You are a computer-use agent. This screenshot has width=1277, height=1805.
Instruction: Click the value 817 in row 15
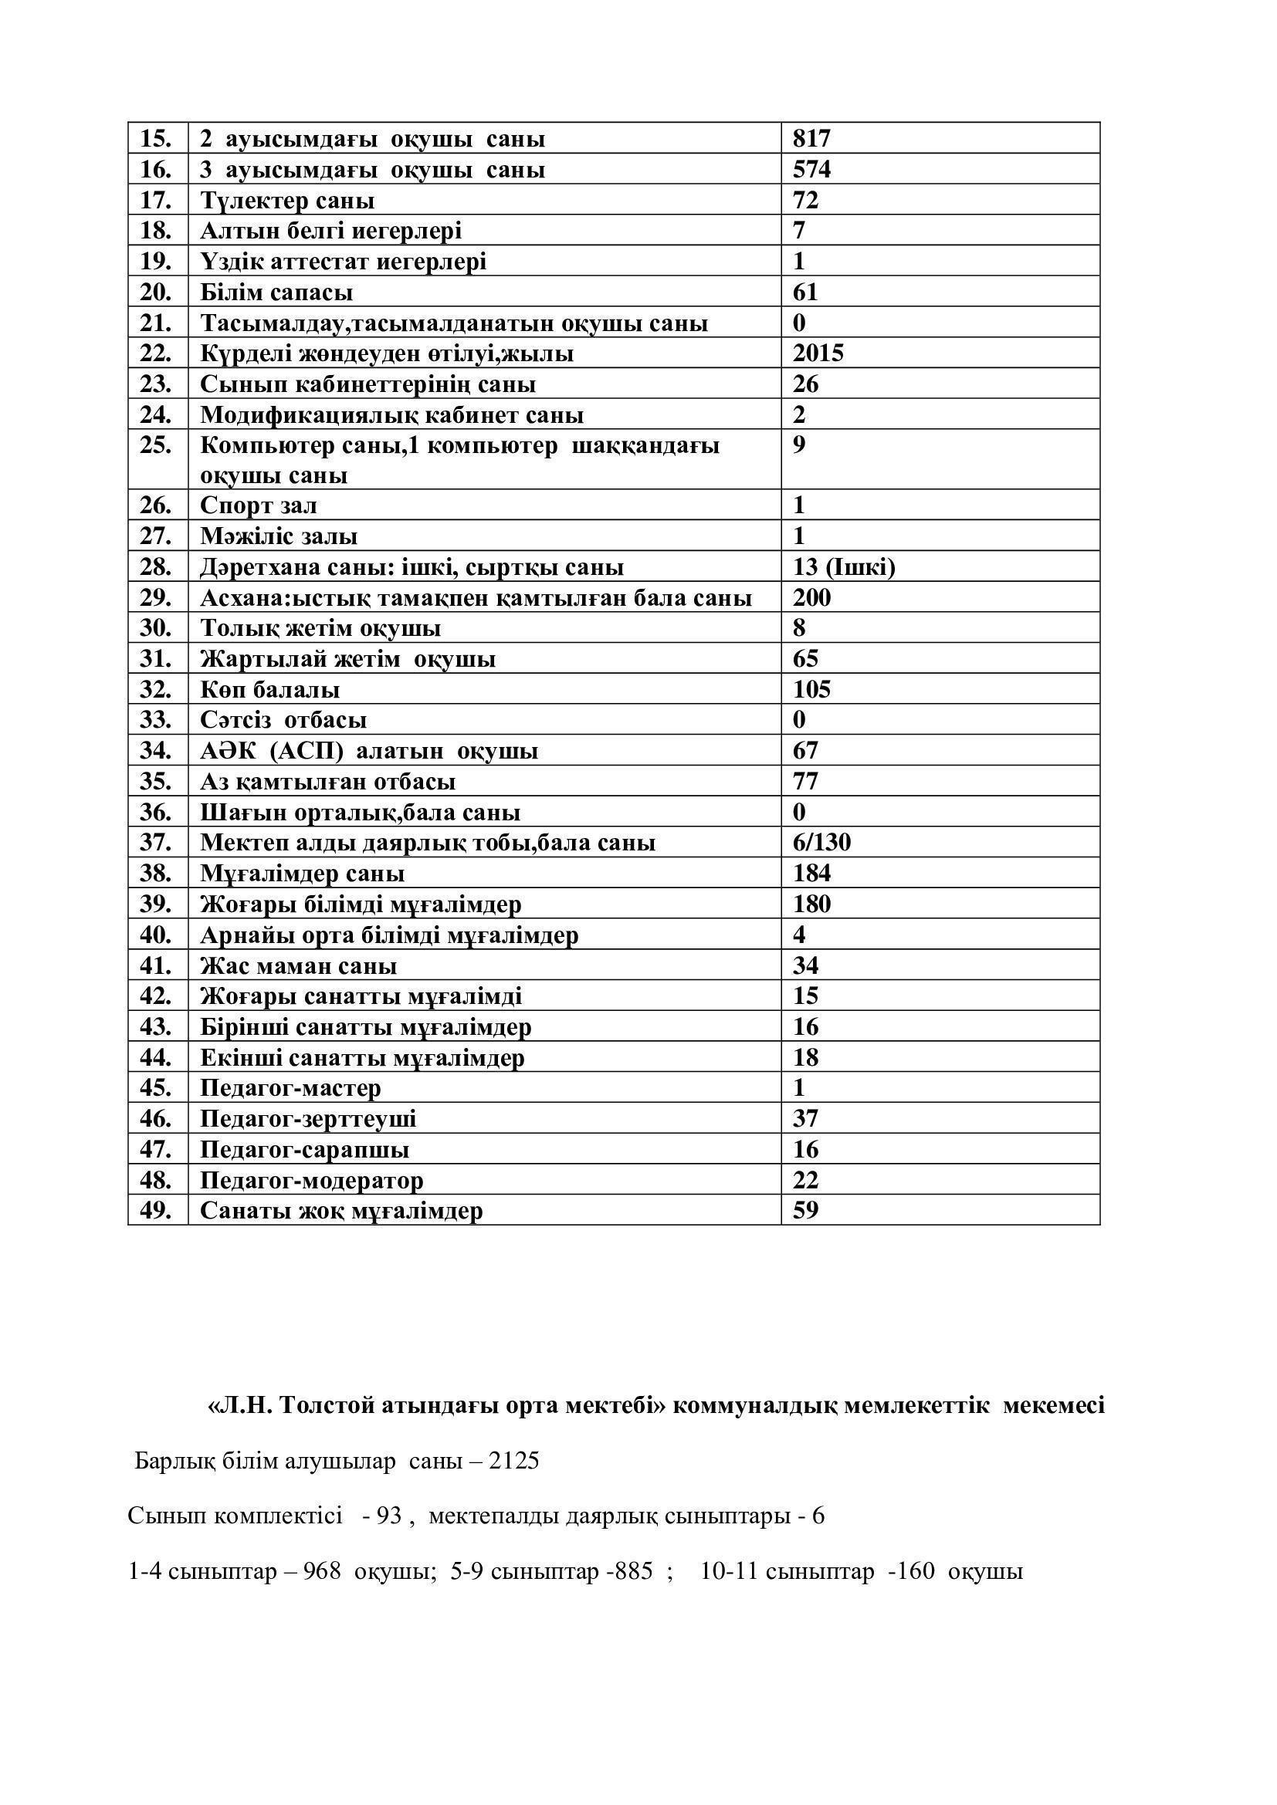point(811,139)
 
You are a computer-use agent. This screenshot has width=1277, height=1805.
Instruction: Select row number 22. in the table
point(156,353)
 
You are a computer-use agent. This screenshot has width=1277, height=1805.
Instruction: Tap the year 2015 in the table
point(817,353)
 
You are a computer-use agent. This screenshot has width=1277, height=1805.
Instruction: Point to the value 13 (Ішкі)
point(843,567)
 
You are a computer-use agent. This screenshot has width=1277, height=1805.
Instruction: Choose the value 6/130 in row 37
point(821,843)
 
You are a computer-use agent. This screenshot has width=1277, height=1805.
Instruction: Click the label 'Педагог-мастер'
point(290,1088)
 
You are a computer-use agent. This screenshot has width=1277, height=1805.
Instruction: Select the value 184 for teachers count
point(811,874)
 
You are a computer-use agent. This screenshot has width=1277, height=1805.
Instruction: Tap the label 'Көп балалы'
point(269,689)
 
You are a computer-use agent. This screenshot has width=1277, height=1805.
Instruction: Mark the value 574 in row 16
point(811,170)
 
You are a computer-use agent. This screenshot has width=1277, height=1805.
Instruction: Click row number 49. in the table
point(156,1210)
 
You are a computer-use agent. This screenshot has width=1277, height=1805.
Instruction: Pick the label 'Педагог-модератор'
point(311,1180)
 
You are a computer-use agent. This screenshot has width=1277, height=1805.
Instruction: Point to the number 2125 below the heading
point(513,1462)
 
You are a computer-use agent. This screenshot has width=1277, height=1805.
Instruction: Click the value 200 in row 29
point(811,597)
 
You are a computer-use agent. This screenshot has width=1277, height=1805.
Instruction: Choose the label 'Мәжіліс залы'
point(279,536)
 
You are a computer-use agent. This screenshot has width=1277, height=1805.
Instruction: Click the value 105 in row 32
point(811,689)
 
